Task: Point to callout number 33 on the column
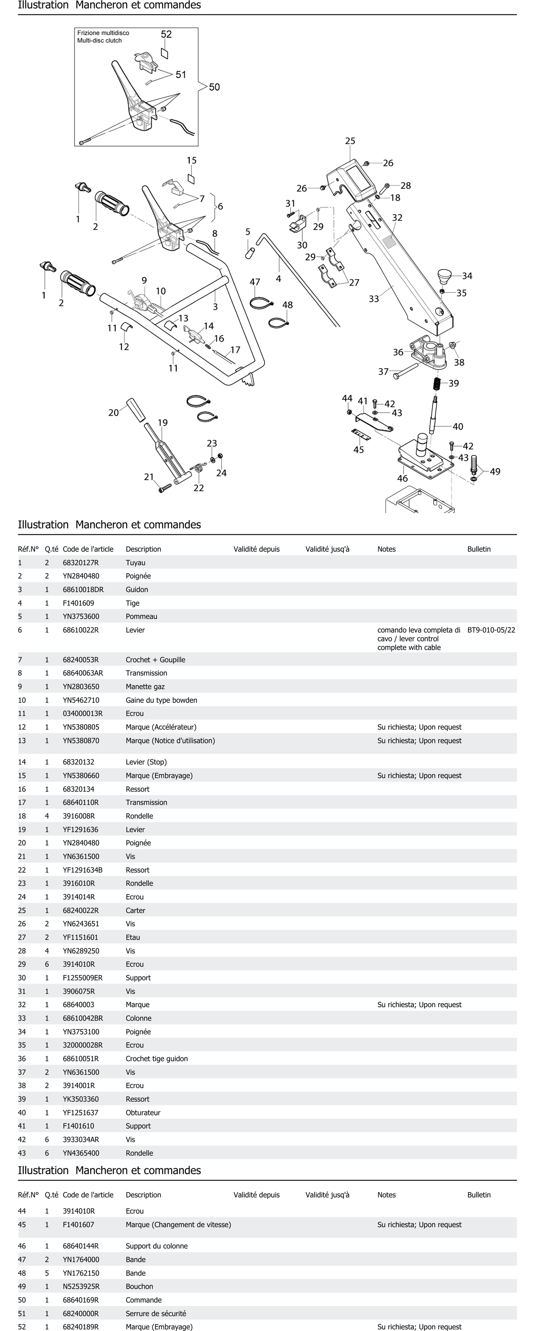pyautogui.click(x=374, y=299)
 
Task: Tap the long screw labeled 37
pyautogui.click(x=406, y=371)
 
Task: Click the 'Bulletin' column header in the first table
pyautogui.click(x=479, y=549)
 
